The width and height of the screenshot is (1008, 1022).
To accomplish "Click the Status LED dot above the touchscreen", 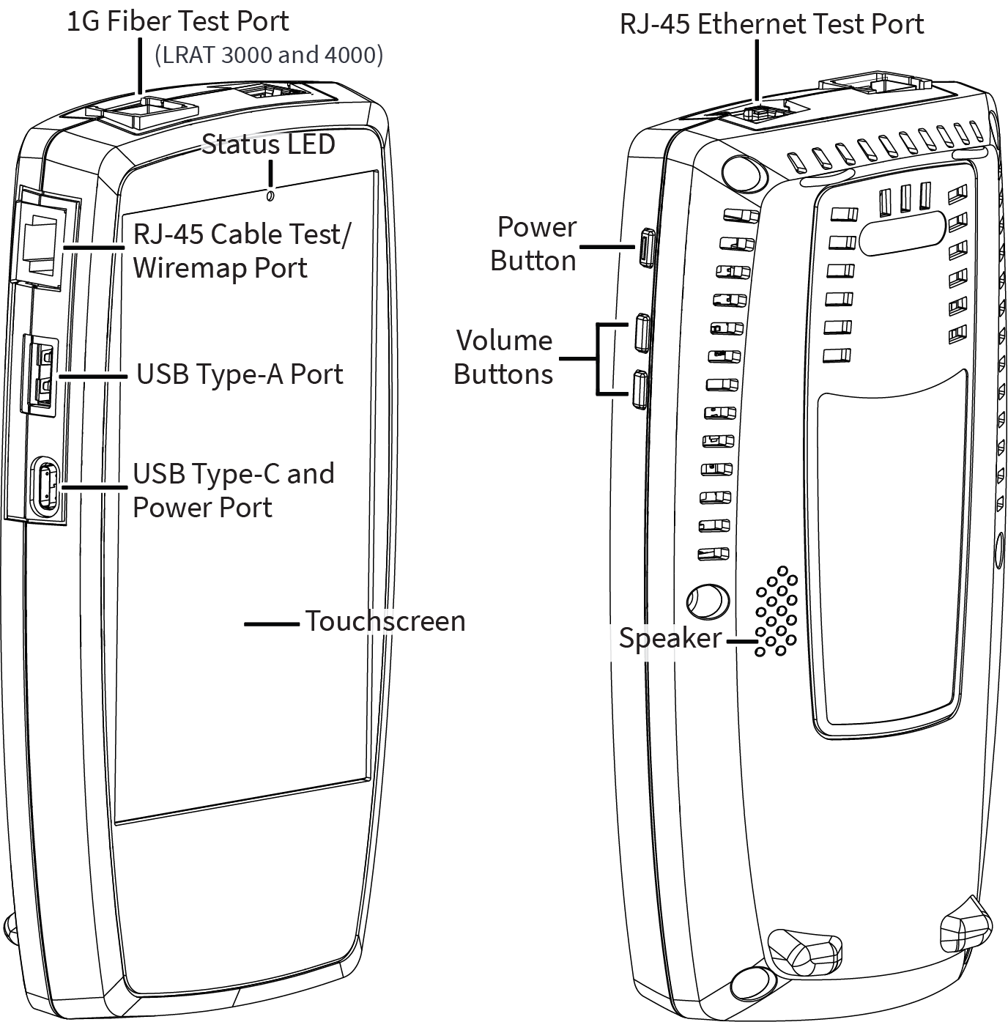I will point(271,196).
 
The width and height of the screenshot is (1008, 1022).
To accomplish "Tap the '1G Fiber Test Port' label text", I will point(178,21).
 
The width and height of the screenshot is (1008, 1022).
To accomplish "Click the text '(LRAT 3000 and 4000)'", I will point(269,55).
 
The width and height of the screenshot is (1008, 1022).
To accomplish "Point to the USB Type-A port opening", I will point(42,374).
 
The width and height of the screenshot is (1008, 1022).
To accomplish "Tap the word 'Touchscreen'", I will point(385,621).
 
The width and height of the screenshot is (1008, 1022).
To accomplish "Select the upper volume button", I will point(642,333).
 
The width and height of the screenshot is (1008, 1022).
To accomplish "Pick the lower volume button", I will point(639,389).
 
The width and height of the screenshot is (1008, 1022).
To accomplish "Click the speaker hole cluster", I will point(777,611).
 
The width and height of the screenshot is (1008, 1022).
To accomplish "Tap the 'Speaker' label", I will point(670,637).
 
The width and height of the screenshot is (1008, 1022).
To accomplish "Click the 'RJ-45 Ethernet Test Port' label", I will point(771,24).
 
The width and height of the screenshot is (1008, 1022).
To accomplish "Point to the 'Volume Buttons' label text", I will point(503,357).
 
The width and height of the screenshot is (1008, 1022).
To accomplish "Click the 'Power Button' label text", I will point(534,243).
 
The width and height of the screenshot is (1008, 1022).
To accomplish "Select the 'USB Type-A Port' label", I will point(240,374).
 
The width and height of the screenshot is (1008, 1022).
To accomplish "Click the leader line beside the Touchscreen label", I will point(271,623).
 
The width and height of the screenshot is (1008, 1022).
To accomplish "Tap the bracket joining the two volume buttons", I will point(598,359).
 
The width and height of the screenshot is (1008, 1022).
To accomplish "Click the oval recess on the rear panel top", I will point(903,234).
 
